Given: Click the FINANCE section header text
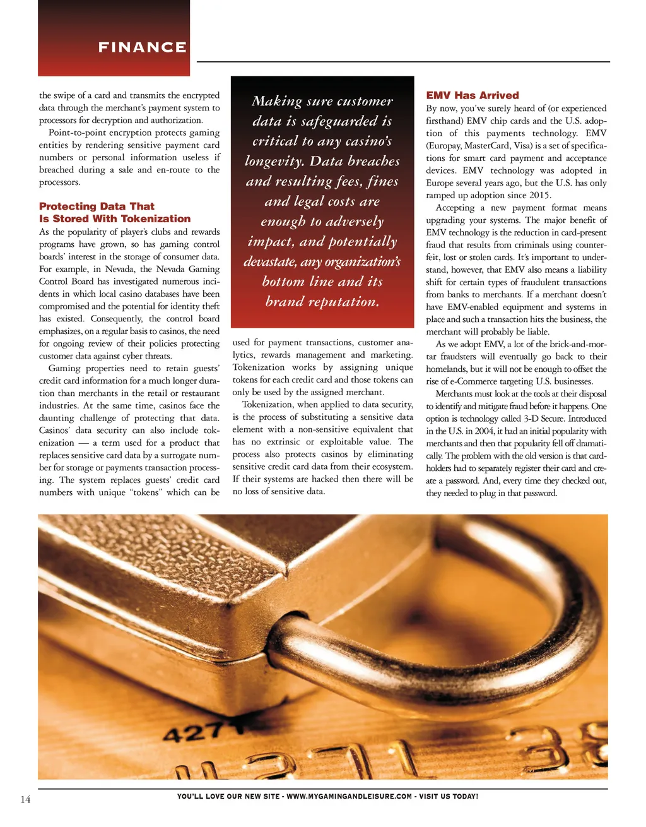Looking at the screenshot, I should [142, 47].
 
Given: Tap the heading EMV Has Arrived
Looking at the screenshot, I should [472, 95].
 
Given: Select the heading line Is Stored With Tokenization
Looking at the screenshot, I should [114, 218].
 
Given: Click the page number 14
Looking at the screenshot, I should [25, 799].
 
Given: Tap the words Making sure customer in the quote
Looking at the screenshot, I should [322, 101].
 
